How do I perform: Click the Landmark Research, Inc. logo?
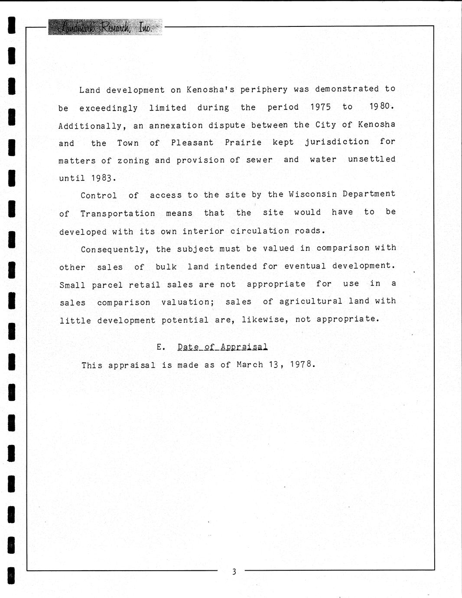pyautogui.click(x=105, y=27)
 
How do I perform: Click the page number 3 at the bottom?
pyautogui.click(x=234, y=572)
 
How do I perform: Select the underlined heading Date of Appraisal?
pyautogui.click(x=222, y=347)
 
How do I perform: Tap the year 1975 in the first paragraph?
pyautogui.click(x=321, y=107)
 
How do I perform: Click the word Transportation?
pyautogui.click(x=118, y=214)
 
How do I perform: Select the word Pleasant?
pyautogui.click(x=192, y=143)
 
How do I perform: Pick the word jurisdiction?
pyautogui.click(x=337, y=142)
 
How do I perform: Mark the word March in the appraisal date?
pyautogui.click(x=250, y=364)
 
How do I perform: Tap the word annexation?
pyautogui.click(x=176, y=126)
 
